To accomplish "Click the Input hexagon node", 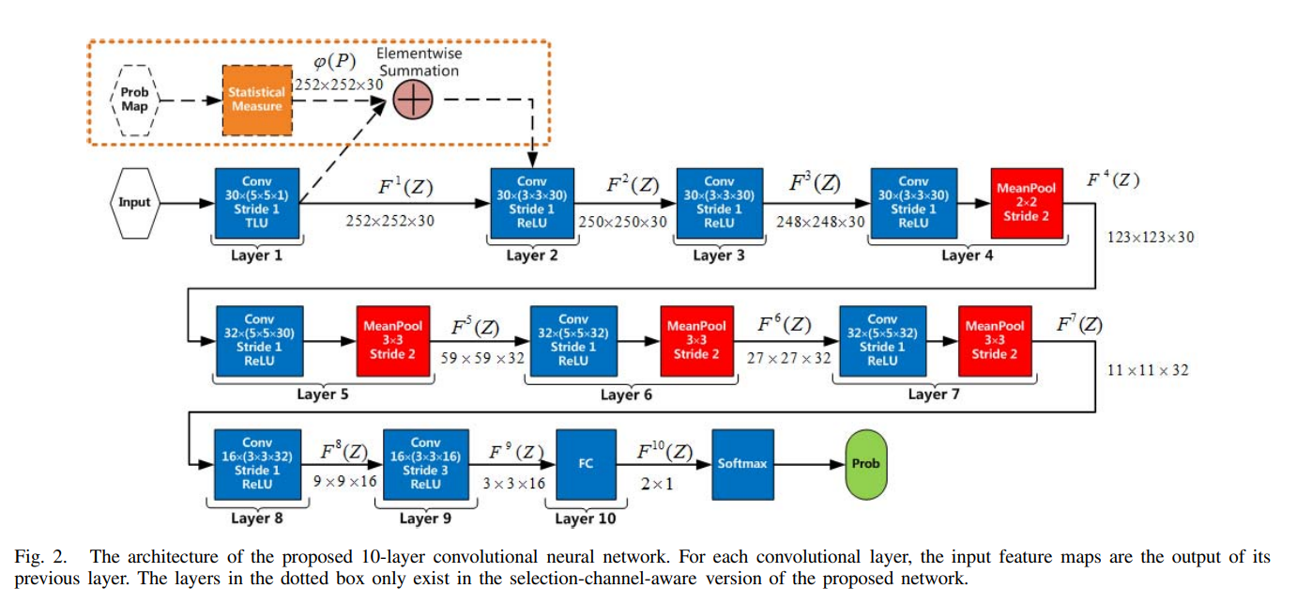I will click(x=133, y=202).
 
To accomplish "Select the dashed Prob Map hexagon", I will click(x=134, y=100).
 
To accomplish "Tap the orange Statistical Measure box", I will click(x=256, y=100).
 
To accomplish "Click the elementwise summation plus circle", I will click(x=413, y=99).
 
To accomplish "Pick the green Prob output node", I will click(x=865, y=463).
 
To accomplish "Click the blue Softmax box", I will click(x=741, y=463).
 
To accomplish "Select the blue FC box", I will click(x=586, y=464).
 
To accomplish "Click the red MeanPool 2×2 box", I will click(x=1026, y=202).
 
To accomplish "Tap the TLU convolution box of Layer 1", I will click(x=256, y=202).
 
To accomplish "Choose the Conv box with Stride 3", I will click(x=425, y=464).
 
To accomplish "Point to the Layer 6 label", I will click(x=626, y=395).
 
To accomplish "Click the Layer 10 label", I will click(x=585, y=519).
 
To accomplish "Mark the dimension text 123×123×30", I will click(x=1152, y=238).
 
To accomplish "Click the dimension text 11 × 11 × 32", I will click(x=1147, y=370).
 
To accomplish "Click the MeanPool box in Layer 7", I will click(x=994, y=339).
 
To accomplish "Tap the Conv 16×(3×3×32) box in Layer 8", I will click(x=256, y=464).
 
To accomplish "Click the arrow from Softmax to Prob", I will click(x=809, y=464).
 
